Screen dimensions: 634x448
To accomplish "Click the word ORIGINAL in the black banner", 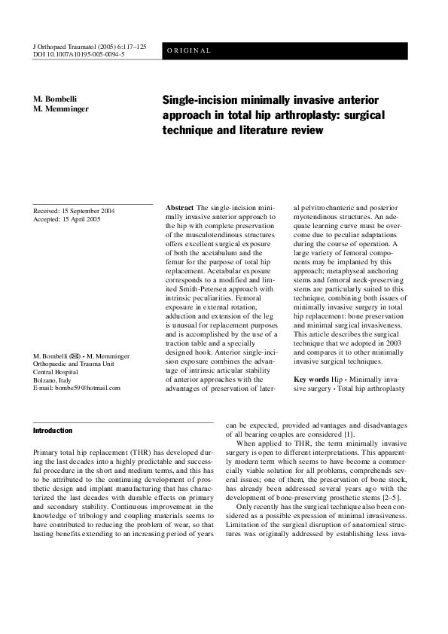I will coord(189,51).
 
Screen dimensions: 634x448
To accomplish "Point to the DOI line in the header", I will coord(79,55).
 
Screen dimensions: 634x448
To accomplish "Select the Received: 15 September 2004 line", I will coord(74,212).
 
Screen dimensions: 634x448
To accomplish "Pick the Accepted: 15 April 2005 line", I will coord(67,220).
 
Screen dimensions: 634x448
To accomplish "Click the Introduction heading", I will coord(56,431).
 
